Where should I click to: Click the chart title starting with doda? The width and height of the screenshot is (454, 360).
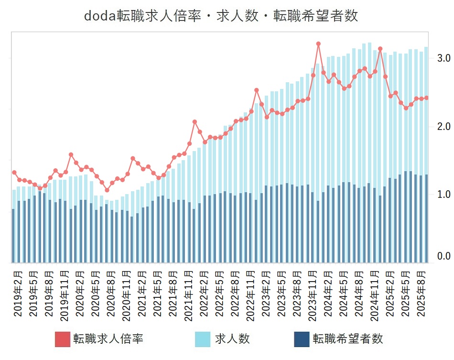pos(221,16)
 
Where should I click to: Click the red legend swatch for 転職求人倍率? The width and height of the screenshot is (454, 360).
pos(63,339)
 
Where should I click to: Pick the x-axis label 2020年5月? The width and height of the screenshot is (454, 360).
pos(95,292)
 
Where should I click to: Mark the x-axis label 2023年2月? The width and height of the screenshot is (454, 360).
pos(266,292)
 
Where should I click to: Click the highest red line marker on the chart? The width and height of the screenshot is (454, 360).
pos(318,44)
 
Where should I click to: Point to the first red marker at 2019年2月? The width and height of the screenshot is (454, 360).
pos(14,173)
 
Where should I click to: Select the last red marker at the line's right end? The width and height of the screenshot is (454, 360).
pos(426,98)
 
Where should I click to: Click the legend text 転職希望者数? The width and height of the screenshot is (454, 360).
pos(348,339)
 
